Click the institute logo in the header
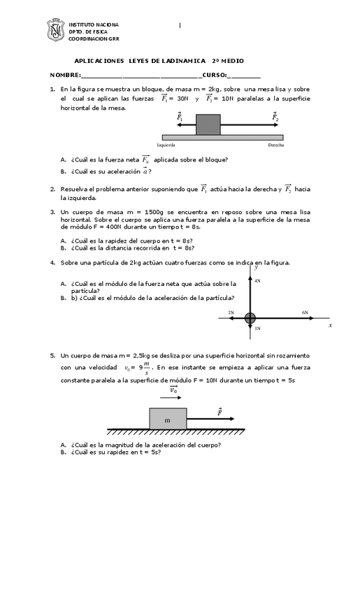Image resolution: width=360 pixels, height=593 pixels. coord(55,31)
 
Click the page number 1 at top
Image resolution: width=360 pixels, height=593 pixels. coord(179,26)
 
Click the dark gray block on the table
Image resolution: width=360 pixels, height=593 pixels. coord(208,124)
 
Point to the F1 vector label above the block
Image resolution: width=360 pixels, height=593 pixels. coord(180,116)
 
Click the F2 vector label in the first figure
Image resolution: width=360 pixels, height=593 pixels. coord(275,116)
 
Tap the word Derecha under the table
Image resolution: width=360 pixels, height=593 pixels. coord(275,145)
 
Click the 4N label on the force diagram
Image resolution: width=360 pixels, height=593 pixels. coord(258,280)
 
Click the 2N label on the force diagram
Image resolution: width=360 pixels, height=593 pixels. coord(231,313)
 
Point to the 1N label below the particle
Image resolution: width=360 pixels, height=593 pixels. coord(258,328)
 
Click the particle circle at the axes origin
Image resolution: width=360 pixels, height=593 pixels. coord(250,319)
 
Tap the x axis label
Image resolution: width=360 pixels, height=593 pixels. coord(330,325)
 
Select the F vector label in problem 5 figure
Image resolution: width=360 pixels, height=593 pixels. coord(219,412)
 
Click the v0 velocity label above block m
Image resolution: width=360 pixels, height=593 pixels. coord(173,390)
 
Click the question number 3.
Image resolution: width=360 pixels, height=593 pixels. coord(52,211)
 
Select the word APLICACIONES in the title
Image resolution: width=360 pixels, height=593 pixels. coord(99,61)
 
